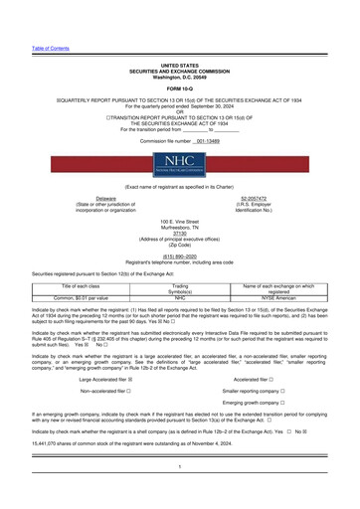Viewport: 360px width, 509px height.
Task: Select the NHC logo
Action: [x=180, y=162]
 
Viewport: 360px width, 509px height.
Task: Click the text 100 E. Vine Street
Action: [x=180, y=217]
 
